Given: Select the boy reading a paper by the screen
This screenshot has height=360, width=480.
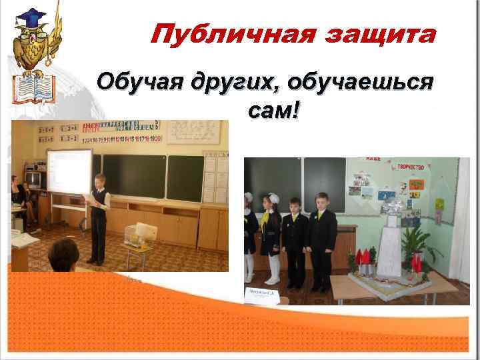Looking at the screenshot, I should pos(97,217).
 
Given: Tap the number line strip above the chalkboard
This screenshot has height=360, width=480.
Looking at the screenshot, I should pos(120,139).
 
